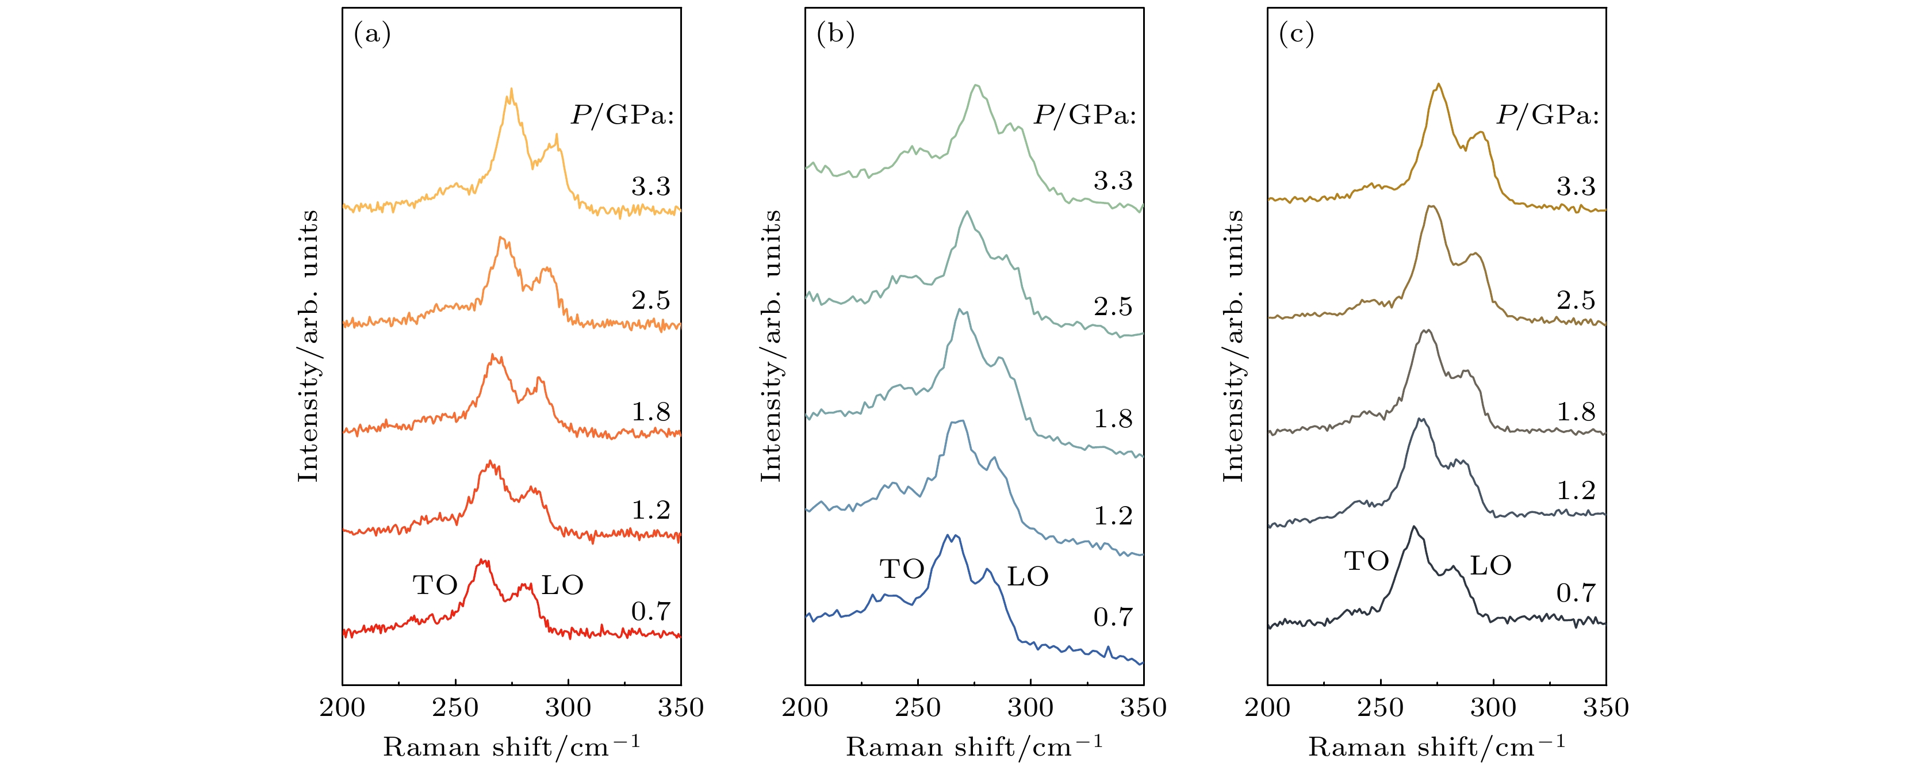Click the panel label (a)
pos(372,35)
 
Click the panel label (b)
pos(835,35)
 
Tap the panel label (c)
pos(1297,35)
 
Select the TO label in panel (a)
pos(435,585)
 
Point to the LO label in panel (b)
pos(1028,577)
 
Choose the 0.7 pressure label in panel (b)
pos(1113,617)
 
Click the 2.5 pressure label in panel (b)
pos(1113,306)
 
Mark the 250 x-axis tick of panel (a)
pos(455,707)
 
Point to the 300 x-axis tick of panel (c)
pos(1493,707)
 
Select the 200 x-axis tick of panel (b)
pos(805,707)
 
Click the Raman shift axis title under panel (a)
pos(512,746)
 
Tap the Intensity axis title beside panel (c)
pos(1233,346)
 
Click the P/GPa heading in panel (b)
pos(1084,115)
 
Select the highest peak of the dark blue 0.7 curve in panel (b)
pos(948,535)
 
